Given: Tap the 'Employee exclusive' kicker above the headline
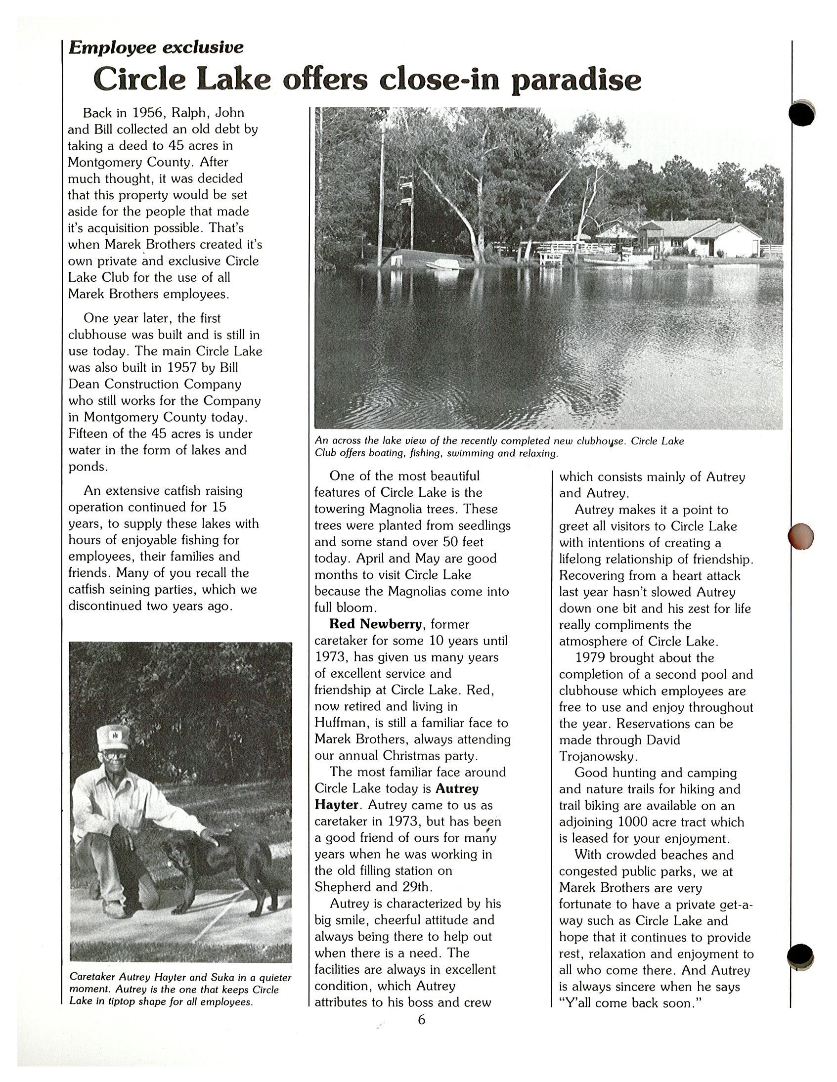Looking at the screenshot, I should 156,47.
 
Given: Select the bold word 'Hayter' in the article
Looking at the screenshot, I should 336,805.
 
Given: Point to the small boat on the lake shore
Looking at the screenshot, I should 444,266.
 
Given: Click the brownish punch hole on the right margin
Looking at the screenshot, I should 800,535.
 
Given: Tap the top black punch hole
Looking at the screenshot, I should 802,113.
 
